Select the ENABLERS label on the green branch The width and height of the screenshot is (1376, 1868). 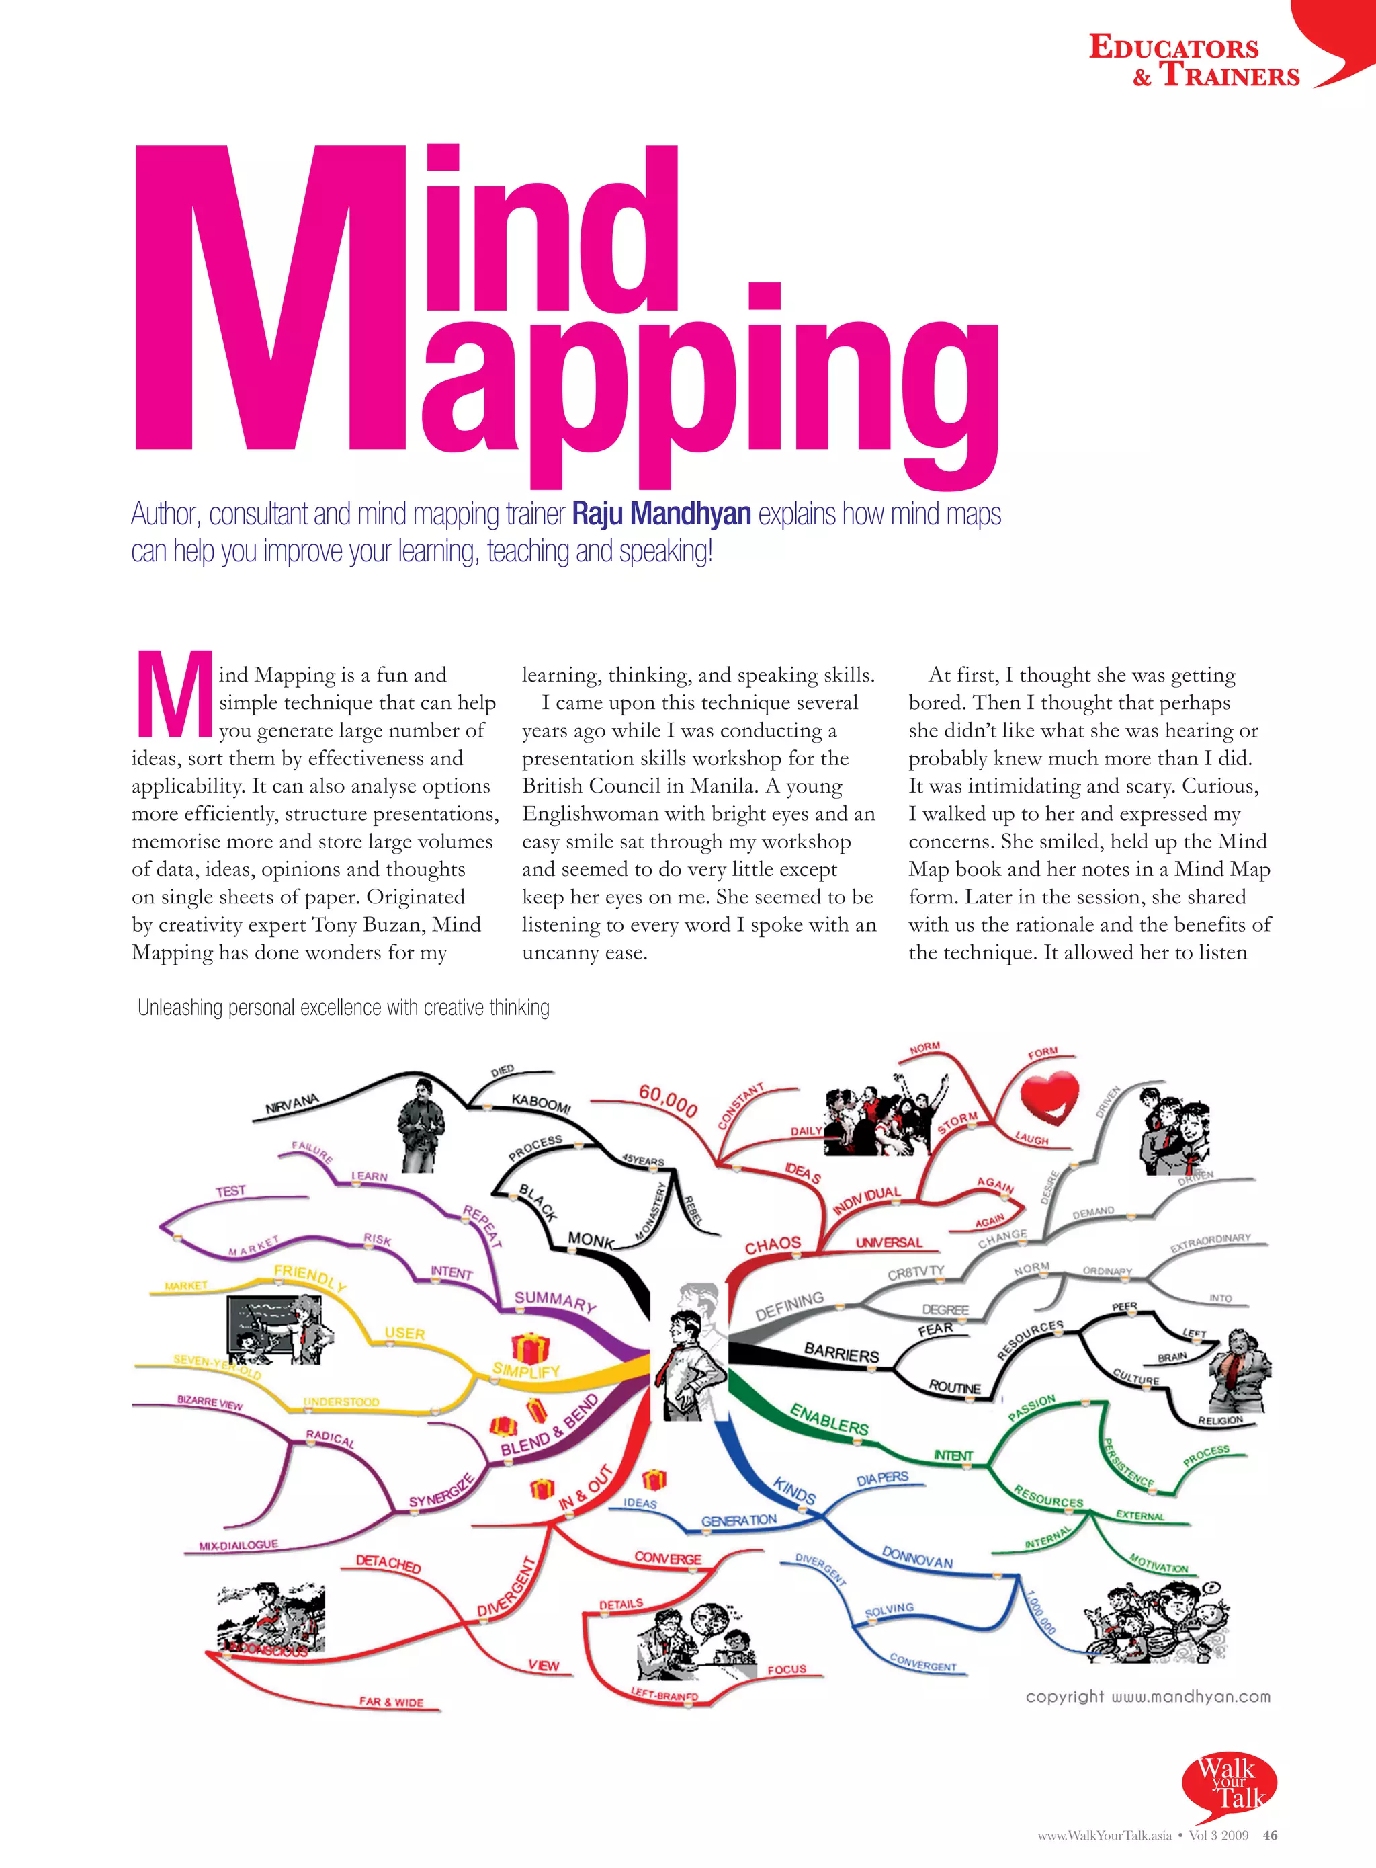pyautogui.click(x=829, y=1419)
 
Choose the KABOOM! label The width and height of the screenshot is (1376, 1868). pyautogui.click(x=541, y=1103)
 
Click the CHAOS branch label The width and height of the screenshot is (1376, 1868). pyautogui.click(x=772, y=1245)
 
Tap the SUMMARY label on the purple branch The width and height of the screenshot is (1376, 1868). pyautogui.click(x=555, y=1301)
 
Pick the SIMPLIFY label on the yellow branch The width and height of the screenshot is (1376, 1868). pyautogui.click(x=525, y=1369)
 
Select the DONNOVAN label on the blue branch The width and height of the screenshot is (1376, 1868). pyautogui.click(x=917, y=1557)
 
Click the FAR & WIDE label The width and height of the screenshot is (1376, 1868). pyautogui.click(x=392, y=1701)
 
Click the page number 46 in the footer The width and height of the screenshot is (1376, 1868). pyautogui.click(x=1271, y=1834)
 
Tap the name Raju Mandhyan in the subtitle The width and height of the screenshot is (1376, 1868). pyautogui.click(x=661, y=514)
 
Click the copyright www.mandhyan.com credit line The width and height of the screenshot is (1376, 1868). pyautogui.click(x=1148, y=1697)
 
